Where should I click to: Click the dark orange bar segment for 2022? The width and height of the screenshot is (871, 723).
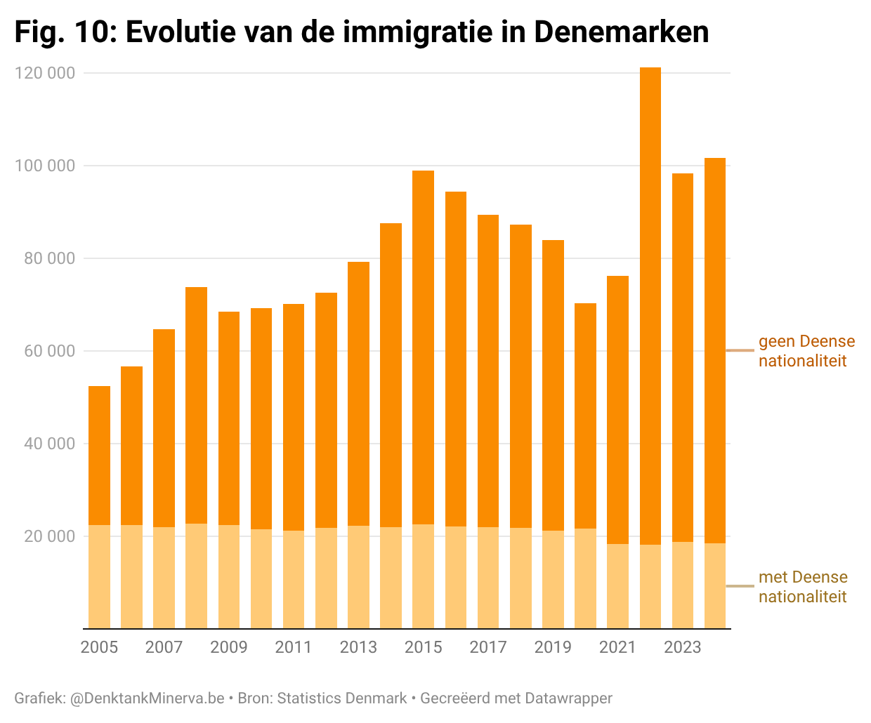[x=650, y=306]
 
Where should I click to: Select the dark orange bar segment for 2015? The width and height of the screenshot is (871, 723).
[x=423, y=347]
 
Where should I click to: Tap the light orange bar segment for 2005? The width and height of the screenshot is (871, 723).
[x=99, y=576]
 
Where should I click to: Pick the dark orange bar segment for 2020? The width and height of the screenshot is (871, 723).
[x=585, y=416]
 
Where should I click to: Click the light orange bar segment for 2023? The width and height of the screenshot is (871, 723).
[x=683, y=585]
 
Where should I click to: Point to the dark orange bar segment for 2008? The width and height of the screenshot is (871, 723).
[x=196, y=405]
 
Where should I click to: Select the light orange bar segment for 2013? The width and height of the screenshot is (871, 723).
[x=358, y=577]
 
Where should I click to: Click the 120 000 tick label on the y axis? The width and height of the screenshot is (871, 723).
[x=45, y=73]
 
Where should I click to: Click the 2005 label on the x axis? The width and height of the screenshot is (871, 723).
[x=99, y=647]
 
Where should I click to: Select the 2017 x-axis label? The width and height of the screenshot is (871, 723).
[x=488, y=647]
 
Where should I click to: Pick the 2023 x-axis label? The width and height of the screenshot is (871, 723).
[x=683, y=647]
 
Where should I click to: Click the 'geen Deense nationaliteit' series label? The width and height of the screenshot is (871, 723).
[x=806, y=351]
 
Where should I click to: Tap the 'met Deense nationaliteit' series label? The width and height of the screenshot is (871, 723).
[x=803, y=587]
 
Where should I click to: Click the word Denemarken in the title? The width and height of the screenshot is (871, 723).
[x=621, y=32]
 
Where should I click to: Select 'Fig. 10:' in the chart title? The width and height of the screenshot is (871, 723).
[x=65, y=32]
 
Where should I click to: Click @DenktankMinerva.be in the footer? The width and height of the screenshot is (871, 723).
[x=147, y=698]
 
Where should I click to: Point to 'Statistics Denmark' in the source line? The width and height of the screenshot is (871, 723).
[x=342, y=698]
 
